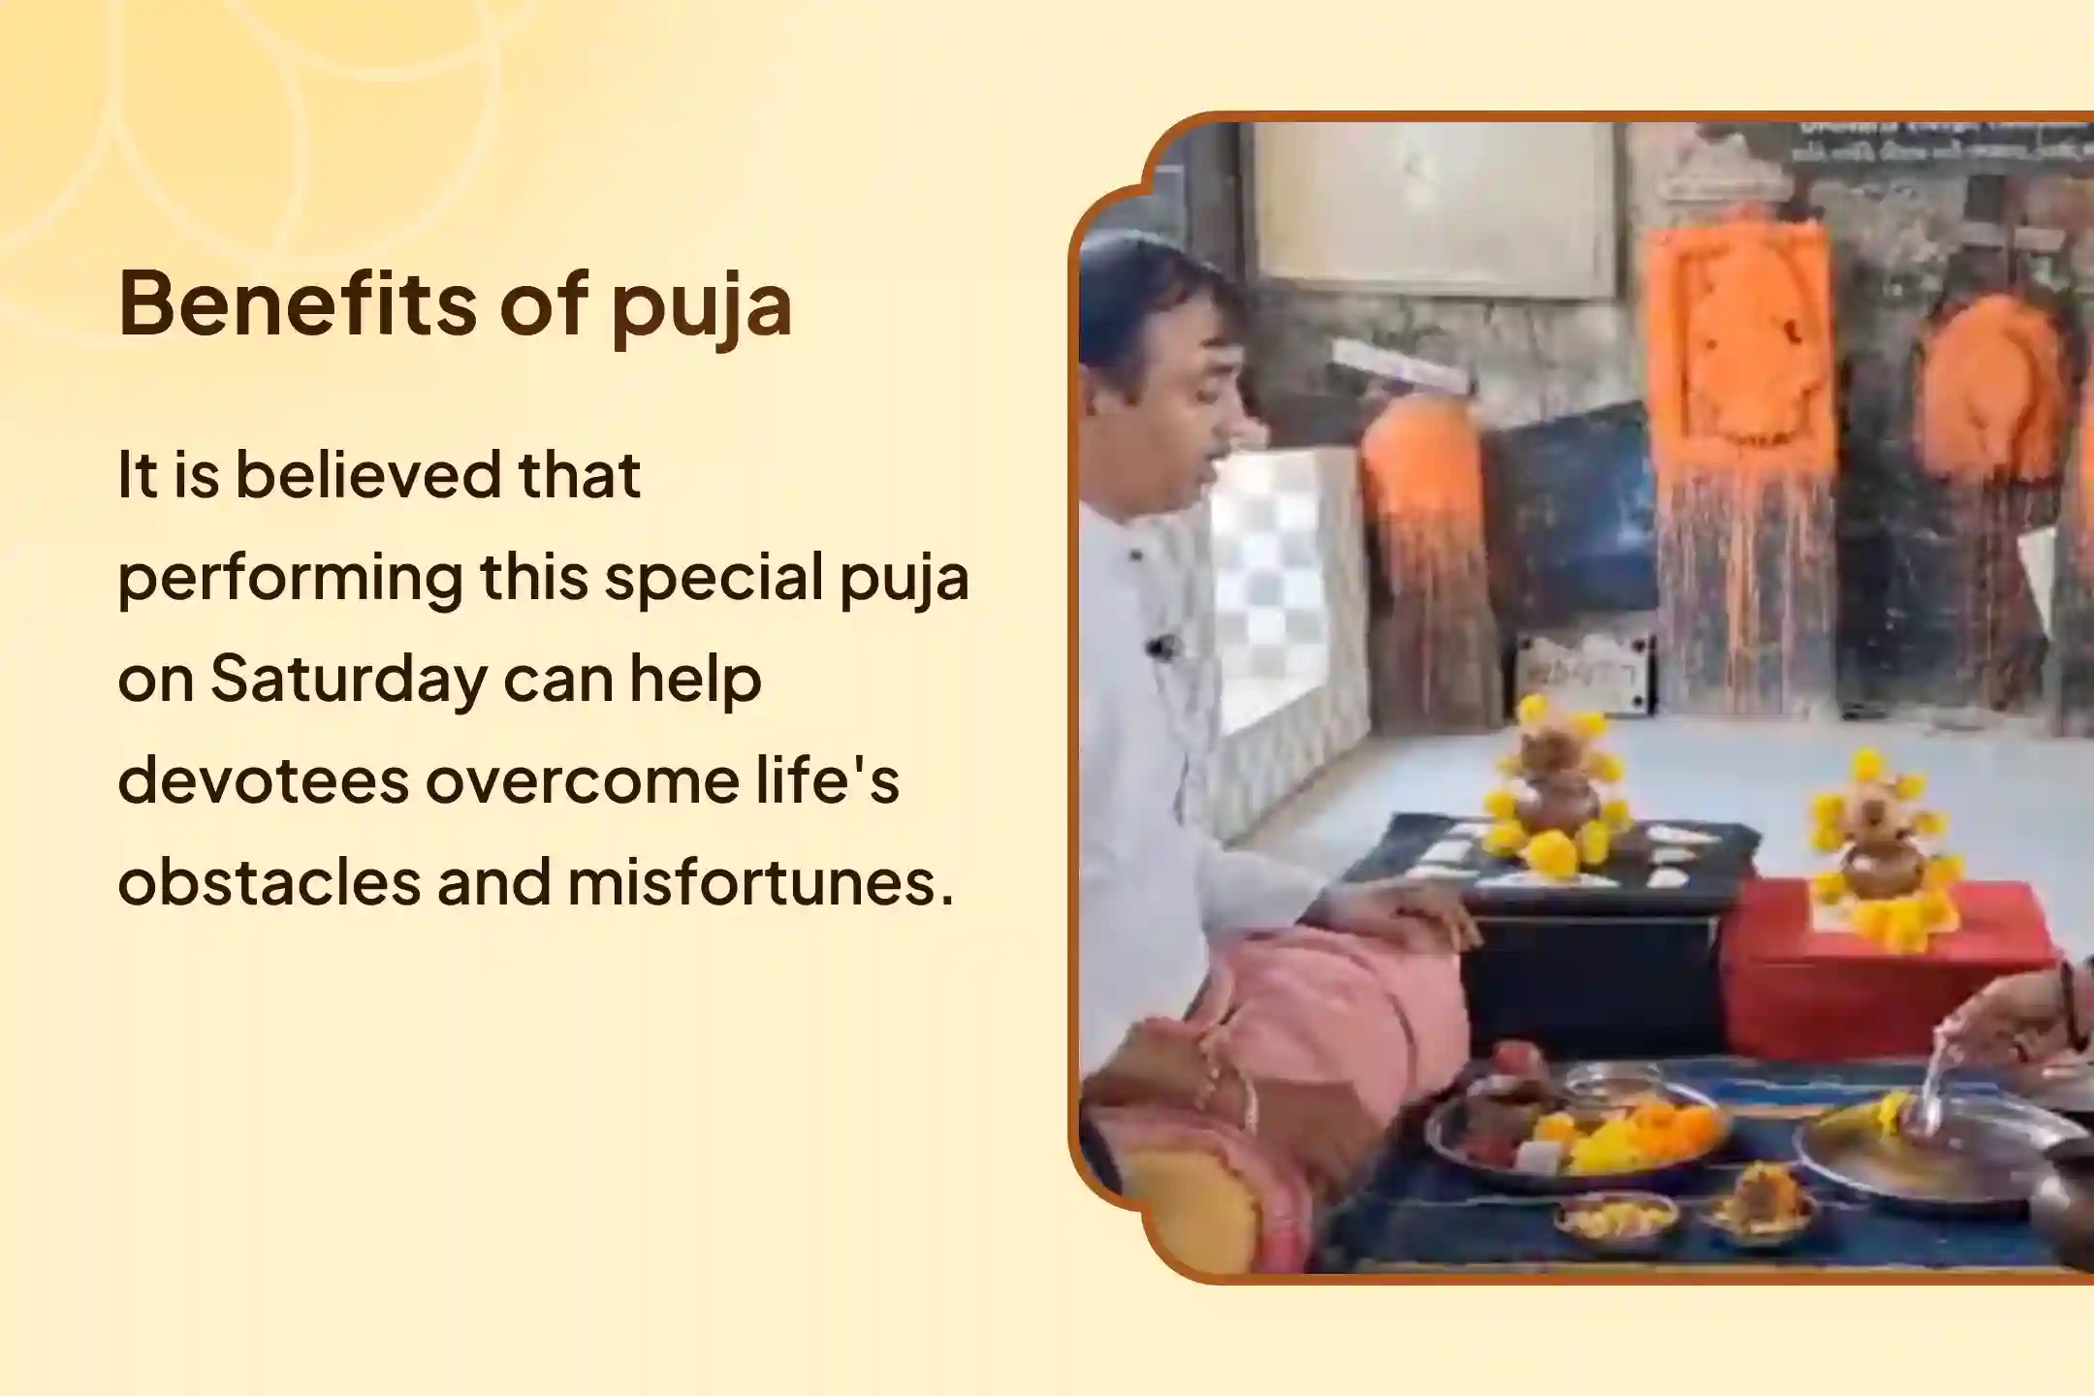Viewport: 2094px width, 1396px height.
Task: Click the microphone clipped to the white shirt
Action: click(x=1159, y=645)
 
